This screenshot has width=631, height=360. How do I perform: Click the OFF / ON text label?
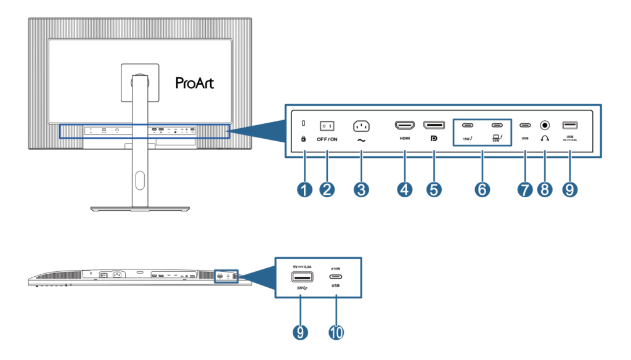(327, 140)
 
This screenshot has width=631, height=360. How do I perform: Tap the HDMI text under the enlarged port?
(404, 138)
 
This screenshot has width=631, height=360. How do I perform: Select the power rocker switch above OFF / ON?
(327, 126)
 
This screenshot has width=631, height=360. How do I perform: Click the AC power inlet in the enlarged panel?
(360, 126)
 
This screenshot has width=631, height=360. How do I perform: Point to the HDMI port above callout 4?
(404, 125)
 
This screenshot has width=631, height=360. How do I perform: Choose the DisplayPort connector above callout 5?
(434, 125)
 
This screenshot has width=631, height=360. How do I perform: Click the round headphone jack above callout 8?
(544, 125)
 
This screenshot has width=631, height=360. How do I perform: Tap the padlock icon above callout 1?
(303, 139)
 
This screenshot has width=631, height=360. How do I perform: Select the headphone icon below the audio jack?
(544, 138)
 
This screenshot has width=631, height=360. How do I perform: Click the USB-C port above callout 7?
(524, 125)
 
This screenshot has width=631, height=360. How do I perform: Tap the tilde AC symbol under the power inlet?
(360, 140)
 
